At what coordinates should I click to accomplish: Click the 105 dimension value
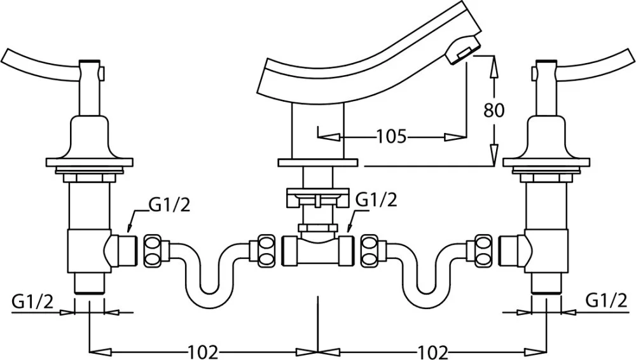point(391,136)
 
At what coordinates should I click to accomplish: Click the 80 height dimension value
point(494,110)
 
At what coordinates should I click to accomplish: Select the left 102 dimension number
point(204,352)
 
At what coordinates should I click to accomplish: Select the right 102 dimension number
point(432,352)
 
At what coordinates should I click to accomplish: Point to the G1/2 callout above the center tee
point(376,200)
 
